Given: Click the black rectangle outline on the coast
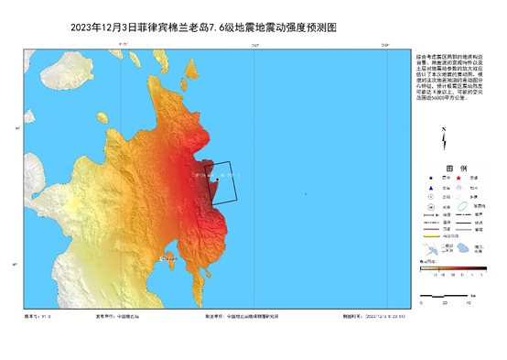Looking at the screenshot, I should coord(224,181).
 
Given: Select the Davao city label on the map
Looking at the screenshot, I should coord(168,260).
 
